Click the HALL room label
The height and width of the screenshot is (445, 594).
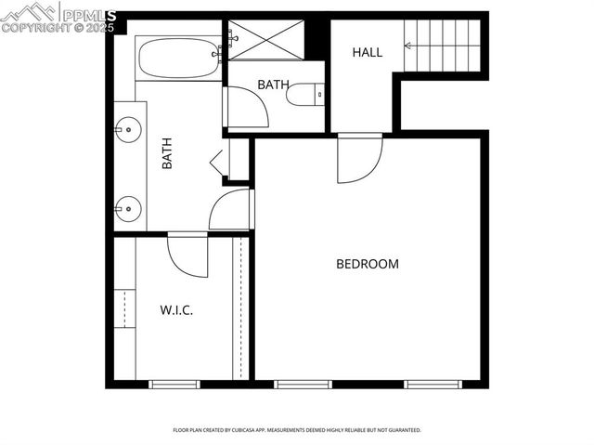pos(367,53)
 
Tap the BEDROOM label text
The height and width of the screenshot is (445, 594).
pos(367,264)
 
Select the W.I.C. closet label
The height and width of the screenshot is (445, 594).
pos(175,310)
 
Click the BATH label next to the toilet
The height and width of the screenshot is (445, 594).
pos(273,85)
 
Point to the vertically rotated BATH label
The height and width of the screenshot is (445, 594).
pos(167,153)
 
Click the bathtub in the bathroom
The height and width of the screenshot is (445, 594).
pos(179,58)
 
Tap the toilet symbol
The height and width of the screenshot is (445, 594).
pos(305,94)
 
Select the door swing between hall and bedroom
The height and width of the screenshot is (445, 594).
pos(358,158)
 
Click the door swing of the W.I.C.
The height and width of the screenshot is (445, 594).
pos(187,255)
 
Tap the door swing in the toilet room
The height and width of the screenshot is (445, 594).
pos(246,107)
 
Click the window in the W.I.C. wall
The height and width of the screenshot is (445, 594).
pos(174,384)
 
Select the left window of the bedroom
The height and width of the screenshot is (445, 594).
pos(303,384)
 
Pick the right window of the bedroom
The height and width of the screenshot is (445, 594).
pos(433,384)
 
